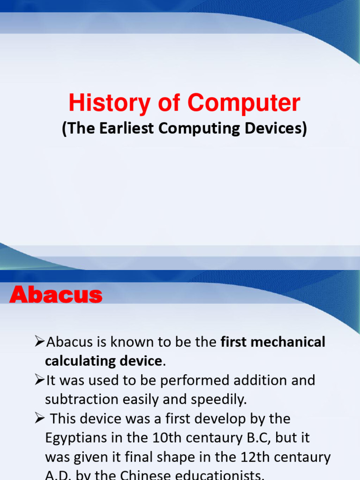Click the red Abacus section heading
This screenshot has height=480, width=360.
56,295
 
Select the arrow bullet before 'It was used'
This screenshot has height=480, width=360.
40,380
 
